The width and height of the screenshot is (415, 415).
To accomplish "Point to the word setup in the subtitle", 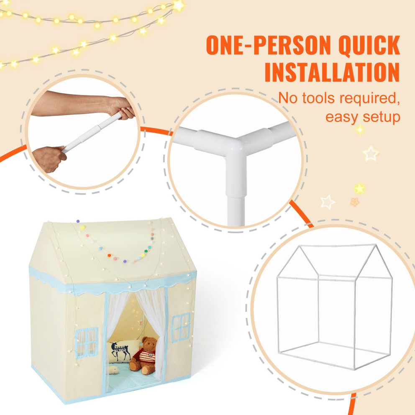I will [379, 117].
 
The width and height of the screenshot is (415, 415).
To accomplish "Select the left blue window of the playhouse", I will [87, 343].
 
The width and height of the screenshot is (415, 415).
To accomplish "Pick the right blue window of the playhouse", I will [181, 327].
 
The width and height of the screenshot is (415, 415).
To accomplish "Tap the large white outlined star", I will [370, 154].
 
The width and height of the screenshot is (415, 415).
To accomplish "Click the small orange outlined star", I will [354, 202].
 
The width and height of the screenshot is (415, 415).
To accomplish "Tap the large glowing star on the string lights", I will [179, 5].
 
